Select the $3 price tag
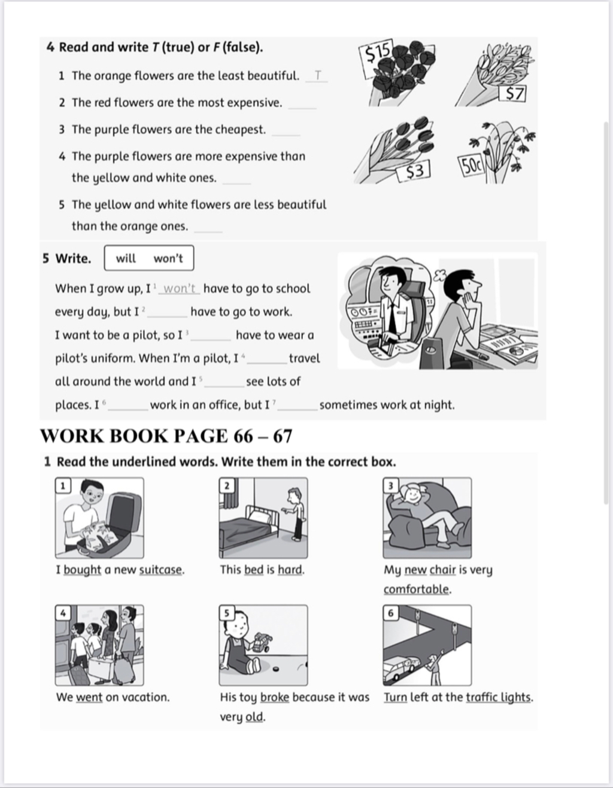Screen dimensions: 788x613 coord(414,172)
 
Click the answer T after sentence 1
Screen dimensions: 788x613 coord(318,76)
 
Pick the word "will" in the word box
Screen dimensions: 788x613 coord(126,258)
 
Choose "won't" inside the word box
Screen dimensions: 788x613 coord(168,258)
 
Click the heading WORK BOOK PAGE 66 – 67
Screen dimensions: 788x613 coord(166,436)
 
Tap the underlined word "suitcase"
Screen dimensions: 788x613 coord(160,570)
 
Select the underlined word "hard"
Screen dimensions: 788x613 coord(290,570)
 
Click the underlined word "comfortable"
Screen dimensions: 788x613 coord(416,589)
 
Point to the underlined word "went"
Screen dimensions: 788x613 coord(89,697)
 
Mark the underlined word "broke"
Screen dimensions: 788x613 coord(275,697)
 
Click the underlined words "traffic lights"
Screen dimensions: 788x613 coord(498,697)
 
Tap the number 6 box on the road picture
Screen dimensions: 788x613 coord(391,613)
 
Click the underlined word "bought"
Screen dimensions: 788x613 coord(82,570)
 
